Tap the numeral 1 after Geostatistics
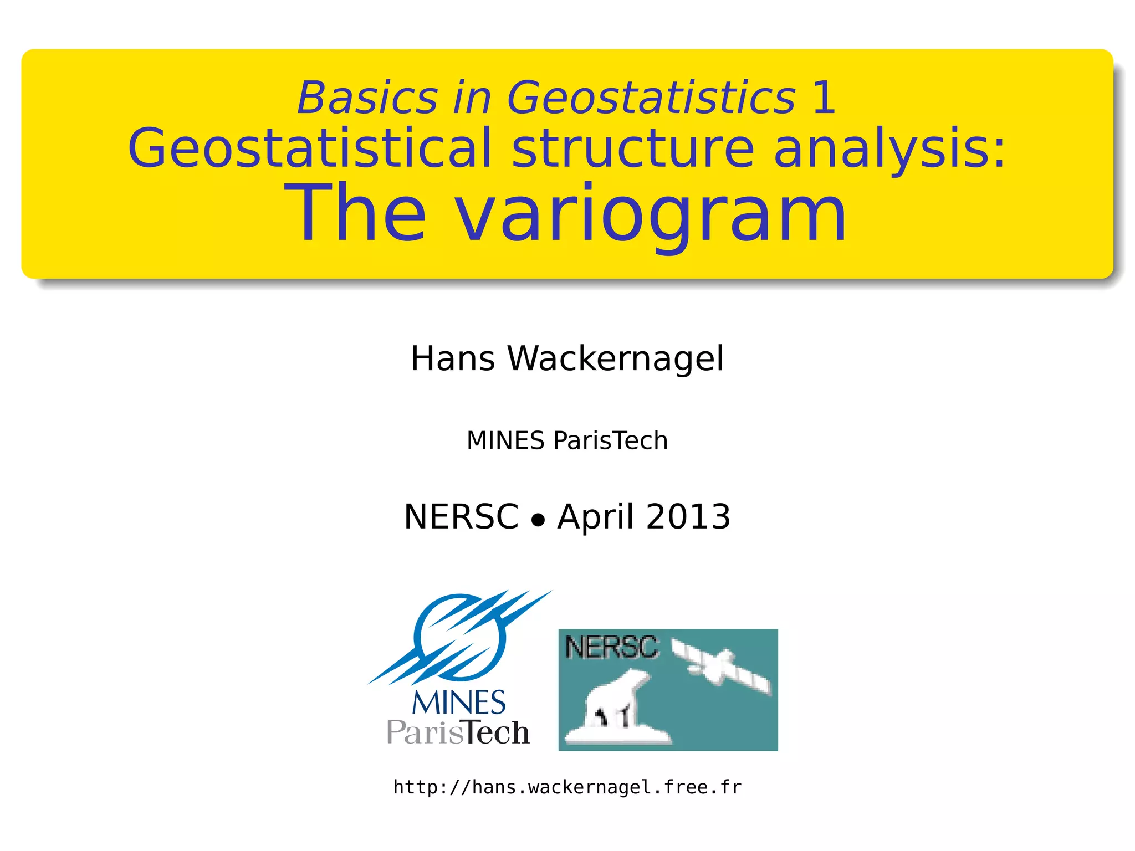(x=824, y=98)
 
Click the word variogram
(x=651, y=213)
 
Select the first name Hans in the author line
(x=453, y=358)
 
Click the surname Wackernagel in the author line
(x=616, y=360)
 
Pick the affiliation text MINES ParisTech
(x=567, y=441)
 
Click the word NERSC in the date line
(x=461, y=517)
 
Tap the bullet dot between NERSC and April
(x=538, y=520)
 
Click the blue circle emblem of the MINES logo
(x=460, y=637)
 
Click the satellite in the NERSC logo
(x=720, y=668)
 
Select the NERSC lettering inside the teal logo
(x=611, y=647)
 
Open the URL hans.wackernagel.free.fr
(x=567, y=787)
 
